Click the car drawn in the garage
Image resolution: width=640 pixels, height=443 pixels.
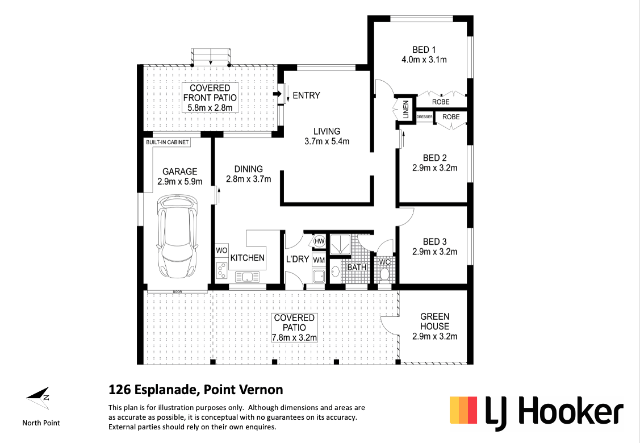[178, 236]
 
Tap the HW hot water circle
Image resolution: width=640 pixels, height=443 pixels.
[319, 241]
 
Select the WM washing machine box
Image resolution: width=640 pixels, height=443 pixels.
[319, 260]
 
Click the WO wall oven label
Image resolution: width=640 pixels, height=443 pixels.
[221, 250]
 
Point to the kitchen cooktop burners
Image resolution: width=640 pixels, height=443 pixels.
[221, 270]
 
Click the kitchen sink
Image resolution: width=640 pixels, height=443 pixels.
[247, 277]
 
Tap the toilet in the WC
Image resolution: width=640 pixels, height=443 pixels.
[384, 274]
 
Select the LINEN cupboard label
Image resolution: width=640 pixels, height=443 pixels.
[405, 110]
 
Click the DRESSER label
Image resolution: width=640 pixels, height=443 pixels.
[425, 117]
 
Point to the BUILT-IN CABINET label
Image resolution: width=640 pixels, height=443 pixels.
[168, 142]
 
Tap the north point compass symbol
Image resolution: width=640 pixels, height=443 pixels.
[39, 398]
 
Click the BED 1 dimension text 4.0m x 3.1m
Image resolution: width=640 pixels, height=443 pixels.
[424, 60]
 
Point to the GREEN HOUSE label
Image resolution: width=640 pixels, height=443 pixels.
[434, 321]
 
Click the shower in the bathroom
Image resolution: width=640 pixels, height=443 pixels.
[340, 245]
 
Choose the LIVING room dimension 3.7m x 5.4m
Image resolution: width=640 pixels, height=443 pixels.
[327, 141]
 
